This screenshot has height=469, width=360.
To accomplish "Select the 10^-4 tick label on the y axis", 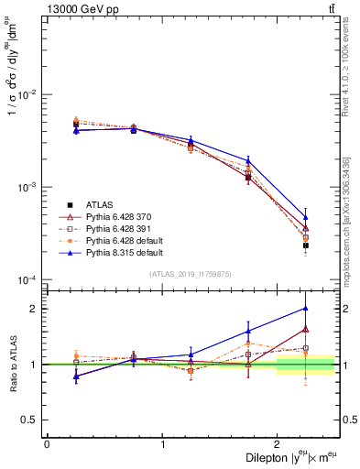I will click(x=27, y=279).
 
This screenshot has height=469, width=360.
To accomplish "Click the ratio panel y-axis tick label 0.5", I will click(x=31, y=420).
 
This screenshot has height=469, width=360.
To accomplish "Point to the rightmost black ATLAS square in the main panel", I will click(x=306, y=245).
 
